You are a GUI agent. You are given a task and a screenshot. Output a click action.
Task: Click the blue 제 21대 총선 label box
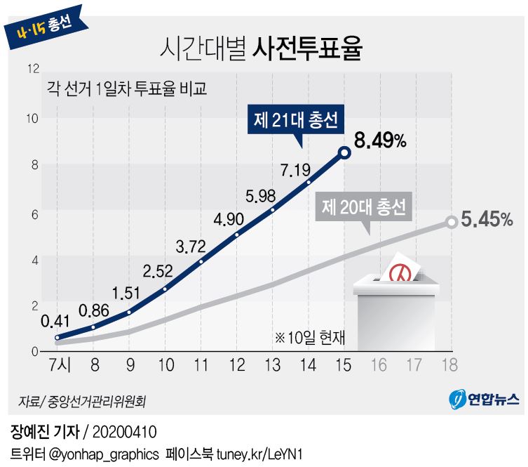[x=296, y=121]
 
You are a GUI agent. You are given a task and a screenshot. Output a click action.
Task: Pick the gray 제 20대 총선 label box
[x=364, y=207]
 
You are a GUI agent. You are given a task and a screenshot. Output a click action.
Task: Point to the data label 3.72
[x=191, y=246]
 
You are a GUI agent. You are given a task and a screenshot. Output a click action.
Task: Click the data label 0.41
[x=55, y=323]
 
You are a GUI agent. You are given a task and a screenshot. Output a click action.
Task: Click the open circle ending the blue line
[x=344, y=152]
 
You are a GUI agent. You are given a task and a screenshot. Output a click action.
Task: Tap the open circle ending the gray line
[x=452, y=223]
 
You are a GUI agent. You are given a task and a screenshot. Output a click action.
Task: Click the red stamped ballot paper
[x=400, y=268]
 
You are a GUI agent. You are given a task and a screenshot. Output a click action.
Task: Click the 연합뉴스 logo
[x=485, y=400]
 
